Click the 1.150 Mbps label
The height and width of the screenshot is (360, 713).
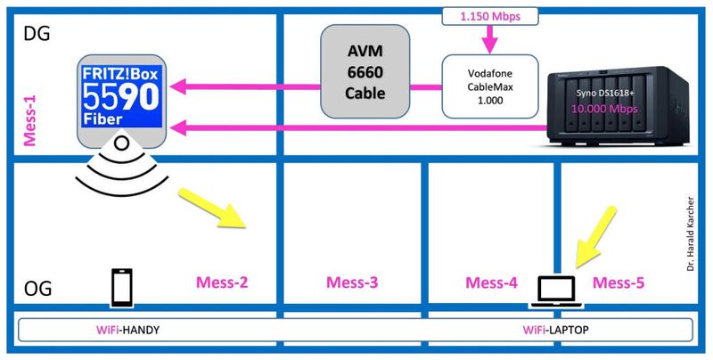(x=488, y=17)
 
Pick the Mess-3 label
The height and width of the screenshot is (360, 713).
(x=352, y=283)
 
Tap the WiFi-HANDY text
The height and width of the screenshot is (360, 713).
(x=133, y=330)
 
